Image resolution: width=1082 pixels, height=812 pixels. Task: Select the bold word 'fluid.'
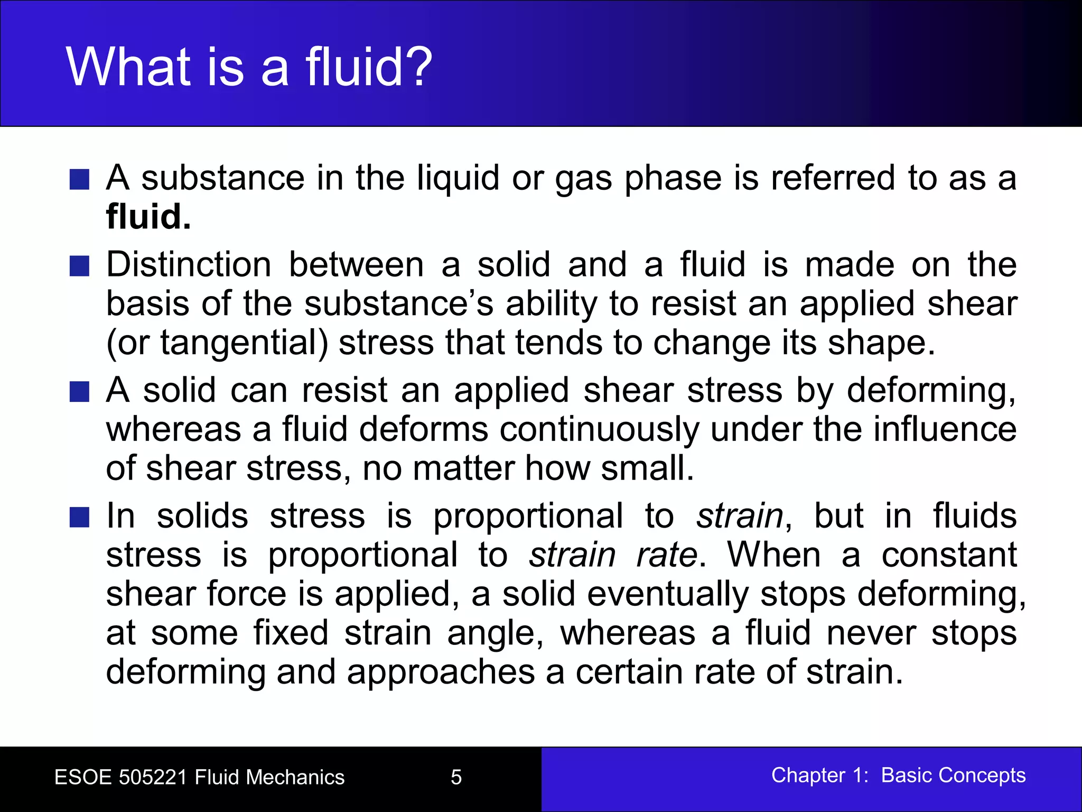(x=148, y=217)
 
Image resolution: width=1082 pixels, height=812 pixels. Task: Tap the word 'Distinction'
(x=189, y=264)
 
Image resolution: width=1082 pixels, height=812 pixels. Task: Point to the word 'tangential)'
(x=244, y=343)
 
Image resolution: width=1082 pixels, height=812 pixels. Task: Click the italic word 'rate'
(x=667, y=555)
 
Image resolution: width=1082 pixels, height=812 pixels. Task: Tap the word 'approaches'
(x=441, y=672)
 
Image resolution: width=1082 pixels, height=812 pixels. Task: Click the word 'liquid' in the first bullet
(x=458, y=178)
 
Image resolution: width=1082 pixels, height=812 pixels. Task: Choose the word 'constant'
(x=949, y=555)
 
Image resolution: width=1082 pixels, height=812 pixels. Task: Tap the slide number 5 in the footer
(x=456, y=777)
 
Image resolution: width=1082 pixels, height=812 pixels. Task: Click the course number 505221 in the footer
(x=153, y=777)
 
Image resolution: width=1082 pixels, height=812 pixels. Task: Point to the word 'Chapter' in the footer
(x=808, y=776)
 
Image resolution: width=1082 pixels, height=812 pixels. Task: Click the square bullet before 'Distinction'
(x=79, y=266)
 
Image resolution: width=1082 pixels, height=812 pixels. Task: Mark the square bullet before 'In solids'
(x=79, y=517)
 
